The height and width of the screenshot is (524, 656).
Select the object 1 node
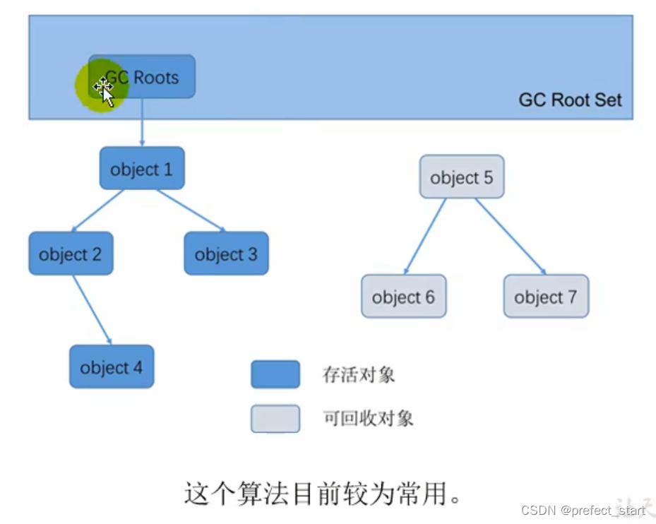point(142,169)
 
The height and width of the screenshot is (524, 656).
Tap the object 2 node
point(71,254)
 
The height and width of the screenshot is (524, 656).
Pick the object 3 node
point(226,254)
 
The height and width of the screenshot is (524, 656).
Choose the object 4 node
point(112,367)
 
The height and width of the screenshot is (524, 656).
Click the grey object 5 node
point(462,177)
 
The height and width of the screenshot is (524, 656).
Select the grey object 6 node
point(403,297)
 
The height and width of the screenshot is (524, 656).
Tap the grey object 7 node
point(545,297)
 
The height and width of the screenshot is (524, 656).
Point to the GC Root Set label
point(570,100)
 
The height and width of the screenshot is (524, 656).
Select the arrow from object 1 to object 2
point(98,210)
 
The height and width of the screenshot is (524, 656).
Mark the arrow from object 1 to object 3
point(191,210)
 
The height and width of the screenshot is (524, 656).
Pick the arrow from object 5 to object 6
point(426,236)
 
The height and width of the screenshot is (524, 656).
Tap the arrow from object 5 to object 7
point(510,236)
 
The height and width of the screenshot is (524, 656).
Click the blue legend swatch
point(275,374)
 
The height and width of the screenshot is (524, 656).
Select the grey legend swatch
point(275,418)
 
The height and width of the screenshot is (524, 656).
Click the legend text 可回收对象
point(368,418)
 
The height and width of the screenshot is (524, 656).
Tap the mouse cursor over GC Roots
point(104,90)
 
